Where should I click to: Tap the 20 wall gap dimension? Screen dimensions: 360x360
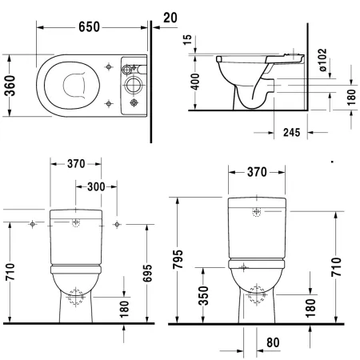pyautogui.click(x=168, y=17)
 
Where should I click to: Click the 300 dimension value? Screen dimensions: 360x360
pyautogui.click(x=96, y=186)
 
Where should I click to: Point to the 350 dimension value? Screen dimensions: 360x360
pyautogui.click(x=206, y=295)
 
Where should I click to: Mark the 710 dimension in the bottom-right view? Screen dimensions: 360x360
pyautogui.click(x=335, y=268)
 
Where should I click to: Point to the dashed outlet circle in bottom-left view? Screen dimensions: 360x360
pyautogui.click(x=76, y=298)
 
